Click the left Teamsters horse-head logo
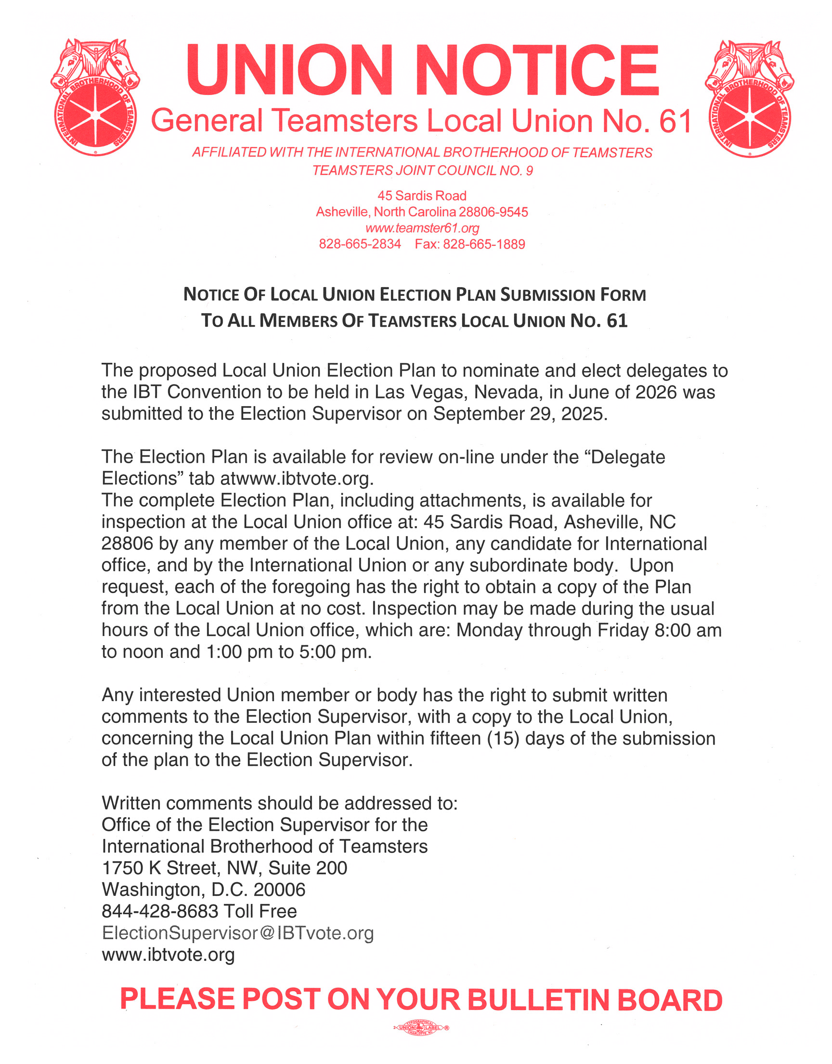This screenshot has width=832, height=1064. (x=95, y=97)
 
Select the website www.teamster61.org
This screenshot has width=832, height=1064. (x=422, y=228)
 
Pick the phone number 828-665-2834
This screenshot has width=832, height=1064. (x=360, y=244)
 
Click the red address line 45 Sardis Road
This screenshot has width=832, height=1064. (x=422, y=196)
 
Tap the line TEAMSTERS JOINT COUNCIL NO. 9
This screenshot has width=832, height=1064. (x=422, y=171)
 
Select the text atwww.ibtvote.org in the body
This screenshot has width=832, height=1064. (x=297, y=479)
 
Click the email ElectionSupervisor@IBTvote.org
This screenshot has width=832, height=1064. (x=238, y=933)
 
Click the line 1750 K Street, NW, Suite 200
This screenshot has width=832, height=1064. (x=224, y=868)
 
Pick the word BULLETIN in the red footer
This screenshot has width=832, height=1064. (x=538, y=999)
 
